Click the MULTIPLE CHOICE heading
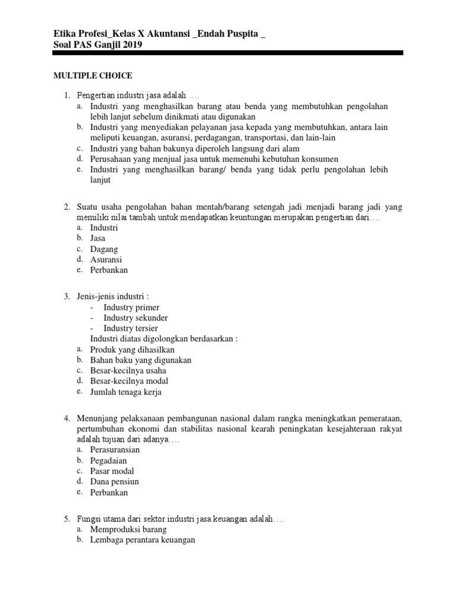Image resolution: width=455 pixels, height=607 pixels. click(x=93, y=76)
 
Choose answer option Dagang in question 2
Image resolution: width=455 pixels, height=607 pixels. click(x=104, y=249)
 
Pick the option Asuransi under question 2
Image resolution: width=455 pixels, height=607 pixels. click(x=106, y=260)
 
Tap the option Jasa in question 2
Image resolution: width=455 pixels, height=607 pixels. click(x=98, y=238)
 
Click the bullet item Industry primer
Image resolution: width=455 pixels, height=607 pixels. click(x=131, y=307)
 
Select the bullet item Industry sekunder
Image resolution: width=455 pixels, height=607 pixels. click(x=135, y=318)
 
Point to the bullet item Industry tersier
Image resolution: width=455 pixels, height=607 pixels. click(x=130, y=328)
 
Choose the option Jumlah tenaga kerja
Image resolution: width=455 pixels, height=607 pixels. click(x=125, y=392)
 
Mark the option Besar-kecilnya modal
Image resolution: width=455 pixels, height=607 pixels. click(x=129, y=381)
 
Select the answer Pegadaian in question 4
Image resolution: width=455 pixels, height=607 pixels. click(x=108, y=461)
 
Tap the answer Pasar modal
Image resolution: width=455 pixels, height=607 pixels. click(x=112, y=471)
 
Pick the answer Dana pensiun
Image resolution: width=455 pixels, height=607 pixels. click(x=114, y=482)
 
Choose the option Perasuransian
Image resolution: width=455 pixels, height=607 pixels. click(x=115, y=450)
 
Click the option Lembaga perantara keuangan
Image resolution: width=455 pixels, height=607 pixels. click(x=142, y=540)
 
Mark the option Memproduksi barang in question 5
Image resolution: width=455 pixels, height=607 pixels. click(x=128, y=529)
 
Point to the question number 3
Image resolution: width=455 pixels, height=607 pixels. click(x=67, y=296)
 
